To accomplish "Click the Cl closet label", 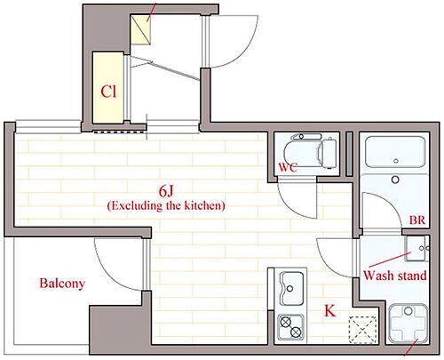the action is click(x=108, y=92).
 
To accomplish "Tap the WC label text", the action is click(x=288, y=168).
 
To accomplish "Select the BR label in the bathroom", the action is click(x=417, y=220).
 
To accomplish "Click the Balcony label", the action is click(x=62, y=284).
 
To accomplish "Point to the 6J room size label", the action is click(x=166, y=191).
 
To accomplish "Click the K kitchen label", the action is click(x=329, y=311).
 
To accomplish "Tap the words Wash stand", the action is click(x=395, y=276).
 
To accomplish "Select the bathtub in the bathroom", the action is click(x=395, y=152).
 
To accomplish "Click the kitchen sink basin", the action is click(x=292, y=288).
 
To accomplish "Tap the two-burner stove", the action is click(x=290, y=327).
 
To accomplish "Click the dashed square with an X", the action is click(x=362, y=330).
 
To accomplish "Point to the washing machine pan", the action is click(x=408, y=323).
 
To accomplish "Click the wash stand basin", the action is click(x=416, y=248).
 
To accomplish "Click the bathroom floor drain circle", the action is click(x=395, y=180).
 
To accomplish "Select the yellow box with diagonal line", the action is click(x=141, y=29).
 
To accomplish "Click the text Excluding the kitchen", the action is click(x=166, y=205).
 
